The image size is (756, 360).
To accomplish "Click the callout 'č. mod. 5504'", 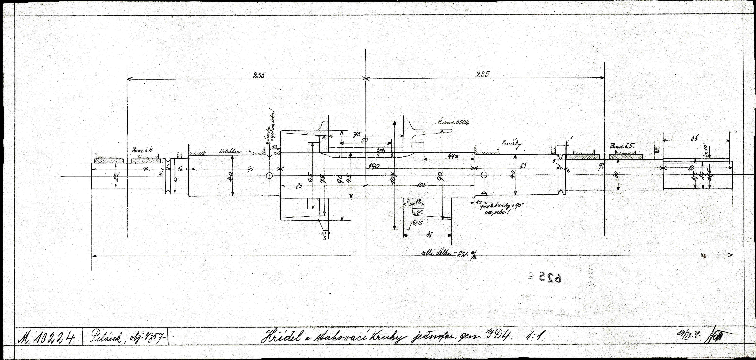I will click(452, 122).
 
